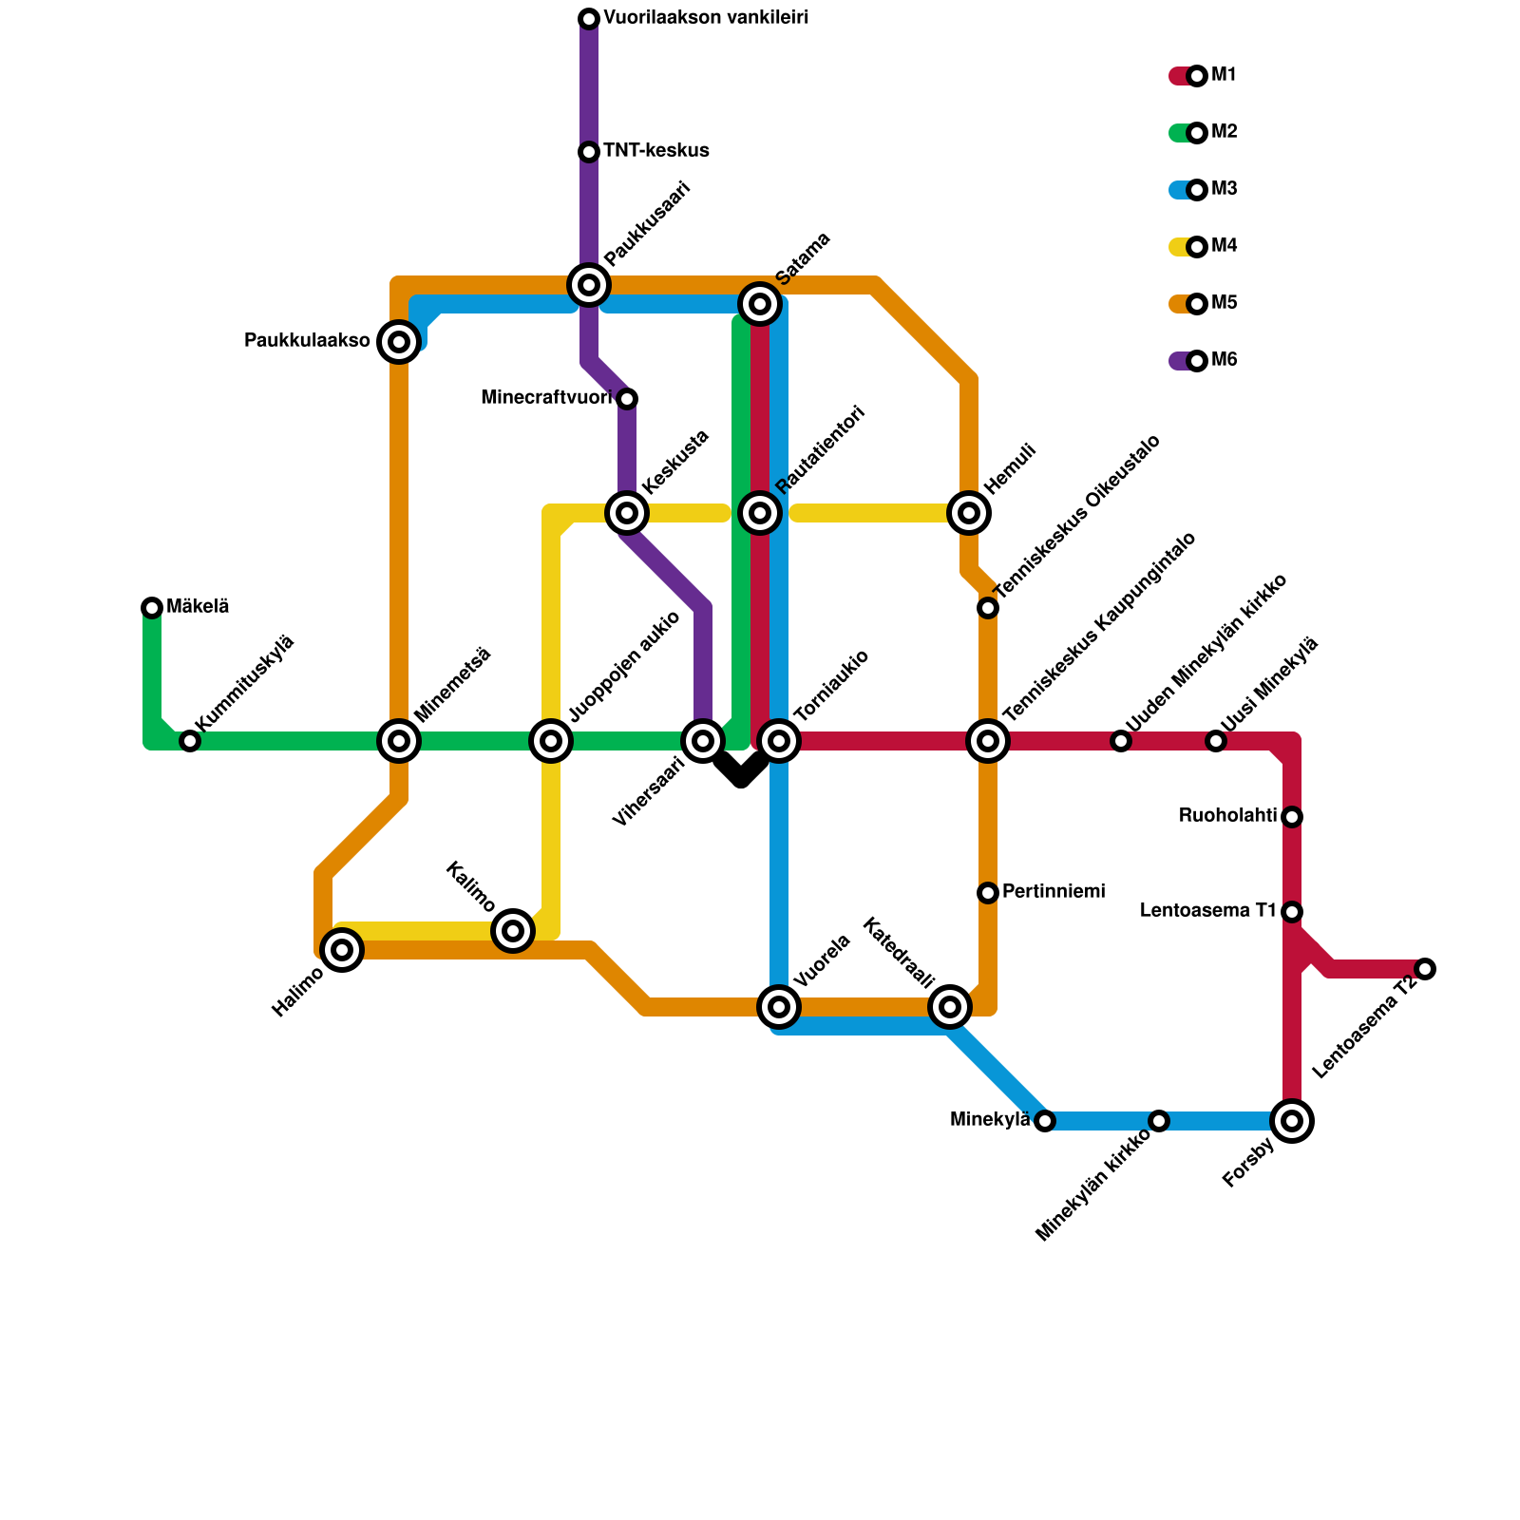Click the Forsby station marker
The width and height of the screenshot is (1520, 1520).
click(x=1292, y=1121)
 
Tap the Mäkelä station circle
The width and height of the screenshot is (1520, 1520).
click(x=152, y=608)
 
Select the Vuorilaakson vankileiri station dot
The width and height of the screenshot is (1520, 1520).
click(x=589, y=19)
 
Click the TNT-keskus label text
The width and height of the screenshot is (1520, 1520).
click(x=655, y=151)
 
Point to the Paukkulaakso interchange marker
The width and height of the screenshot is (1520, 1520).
click(x=399, y=342)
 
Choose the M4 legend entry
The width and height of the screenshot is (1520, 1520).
click(x=1224, y=247)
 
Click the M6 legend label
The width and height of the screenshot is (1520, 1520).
click(x=1224, y=360)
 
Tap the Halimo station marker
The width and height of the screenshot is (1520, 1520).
click(x=342, y=950)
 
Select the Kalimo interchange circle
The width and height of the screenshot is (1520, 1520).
click(x=513, y=931)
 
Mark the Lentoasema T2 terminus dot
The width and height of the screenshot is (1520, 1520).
click(x=1425, y=969)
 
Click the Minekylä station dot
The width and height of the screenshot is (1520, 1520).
click(x=1045, y=1121)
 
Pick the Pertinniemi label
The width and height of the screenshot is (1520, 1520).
click(x=1054, y=892)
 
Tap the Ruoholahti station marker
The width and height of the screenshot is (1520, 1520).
click(x=1292, y=817)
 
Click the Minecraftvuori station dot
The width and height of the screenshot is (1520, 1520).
click(x=627, y=399)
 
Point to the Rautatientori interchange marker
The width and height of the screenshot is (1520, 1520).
click(x=760, y=513)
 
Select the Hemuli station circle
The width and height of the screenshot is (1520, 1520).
click(x=969, y=513)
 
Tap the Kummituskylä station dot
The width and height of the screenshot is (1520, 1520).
click(x=190, y=741)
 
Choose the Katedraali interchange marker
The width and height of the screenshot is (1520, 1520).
click(x=950, y=1007)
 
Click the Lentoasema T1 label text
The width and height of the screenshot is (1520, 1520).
click(x=1207, y=911)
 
